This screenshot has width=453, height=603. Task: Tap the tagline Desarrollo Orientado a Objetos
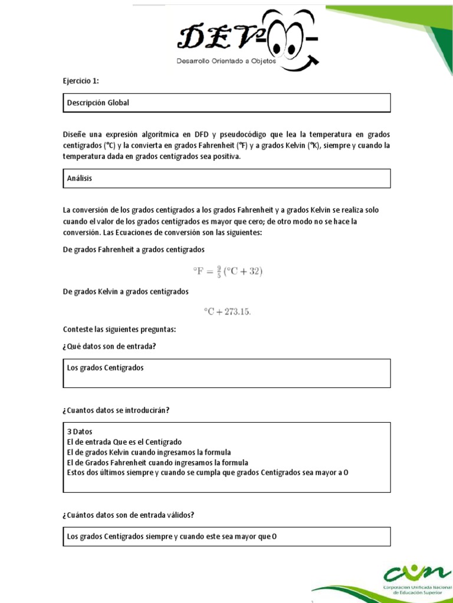click(x=226, y=61)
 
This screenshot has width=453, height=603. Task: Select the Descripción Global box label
click(x=98, y=103)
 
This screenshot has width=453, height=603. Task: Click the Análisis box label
click(x=80, y=178)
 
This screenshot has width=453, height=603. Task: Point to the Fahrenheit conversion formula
click(x=227, y=271)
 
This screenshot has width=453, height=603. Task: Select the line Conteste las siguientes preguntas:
click(x=119, y=329)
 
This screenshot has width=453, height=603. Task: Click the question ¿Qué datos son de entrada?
click(x=109, y=346)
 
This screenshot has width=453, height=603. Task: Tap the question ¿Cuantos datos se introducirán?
click(x=116, y=410)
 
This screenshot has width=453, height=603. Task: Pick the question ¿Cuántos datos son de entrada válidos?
click(x=129, y=515)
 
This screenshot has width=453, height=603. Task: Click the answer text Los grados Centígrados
click(x=106, y=368)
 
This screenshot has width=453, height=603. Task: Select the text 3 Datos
click(x=80, y=432)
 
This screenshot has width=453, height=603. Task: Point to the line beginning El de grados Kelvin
click(x=149, y=452)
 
